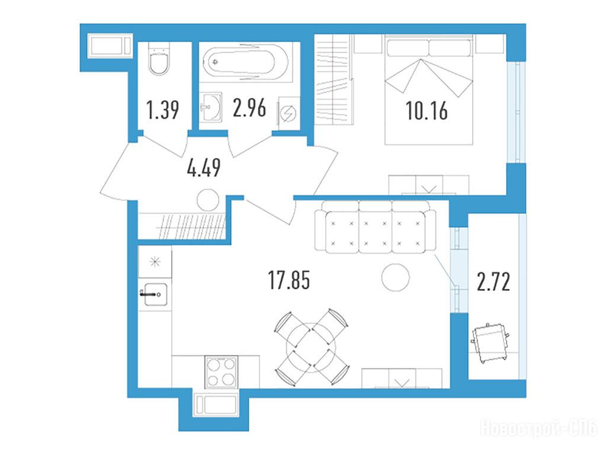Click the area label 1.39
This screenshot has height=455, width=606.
tap(163, 110)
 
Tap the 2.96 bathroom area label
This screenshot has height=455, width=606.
tap(249, 108)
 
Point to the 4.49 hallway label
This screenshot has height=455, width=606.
tap(204, 168)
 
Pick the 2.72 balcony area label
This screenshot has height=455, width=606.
tap(493, 282)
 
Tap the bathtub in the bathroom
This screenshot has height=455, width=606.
tap(246, 62)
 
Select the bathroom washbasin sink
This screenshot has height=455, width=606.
tap(211, 106)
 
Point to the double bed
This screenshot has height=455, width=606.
tap(429, 89)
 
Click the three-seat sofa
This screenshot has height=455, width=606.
tap(376, 227)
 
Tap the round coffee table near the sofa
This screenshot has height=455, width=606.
tap(395, 277)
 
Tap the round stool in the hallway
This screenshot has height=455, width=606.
tap(208, 200)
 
